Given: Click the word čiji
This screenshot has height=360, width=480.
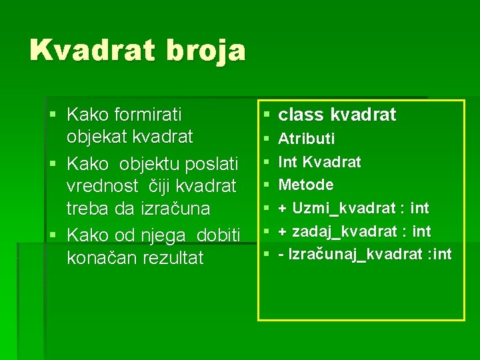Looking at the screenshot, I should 157,185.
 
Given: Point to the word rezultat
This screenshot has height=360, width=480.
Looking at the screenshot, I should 173,258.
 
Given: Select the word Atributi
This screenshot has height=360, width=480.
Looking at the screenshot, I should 306,139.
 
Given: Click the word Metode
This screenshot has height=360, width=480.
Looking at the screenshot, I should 306,185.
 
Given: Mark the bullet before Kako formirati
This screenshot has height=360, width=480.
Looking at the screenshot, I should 53,115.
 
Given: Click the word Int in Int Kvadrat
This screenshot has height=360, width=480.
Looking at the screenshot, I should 287,162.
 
